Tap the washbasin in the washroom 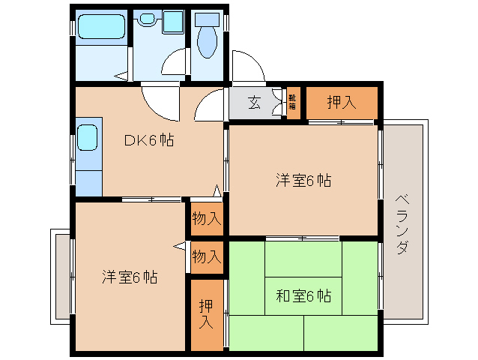pyautogui.click(x=172, y=21)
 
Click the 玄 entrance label pyautogui.click(x=255, y=103)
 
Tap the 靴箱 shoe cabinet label pyautogui.click(x=292, y=103)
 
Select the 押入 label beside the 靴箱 pyautogui.click(x=342, y=103)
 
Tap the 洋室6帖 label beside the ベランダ pyautogui.click(x=303, y=180)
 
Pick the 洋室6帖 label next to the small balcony pyautogui.click(x=130, y=277)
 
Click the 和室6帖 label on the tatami pyautogui.click(x=303, y=295)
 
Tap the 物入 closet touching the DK pyautogui.click(x=206, y=219)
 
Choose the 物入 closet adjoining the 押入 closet pyautogui.click(x=206, y=256)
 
